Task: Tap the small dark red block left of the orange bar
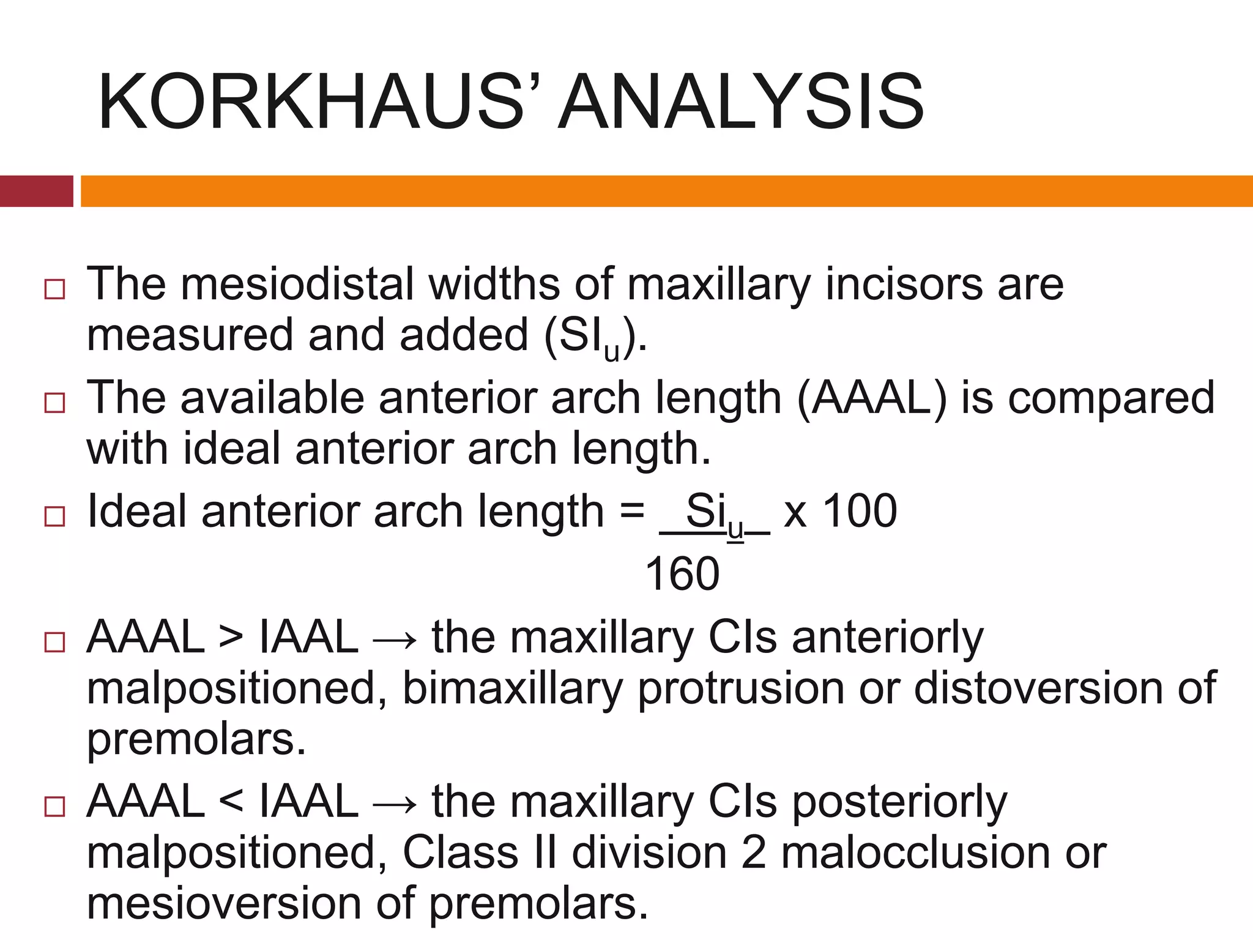[36, 191]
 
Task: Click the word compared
[1111, 398]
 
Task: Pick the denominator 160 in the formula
[682, 574]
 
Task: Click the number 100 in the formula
[859, 511]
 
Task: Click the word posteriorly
[899, 802]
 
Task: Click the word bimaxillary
[512, 689]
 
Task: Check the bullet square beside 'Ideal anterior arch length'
[54, 517]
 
